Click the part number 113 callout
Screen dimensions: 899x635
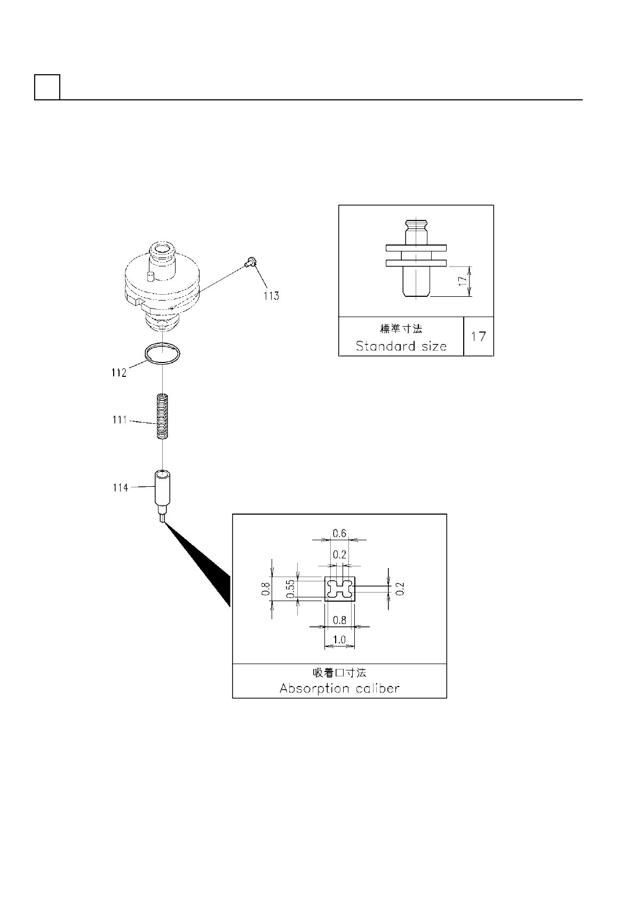pos(271,296)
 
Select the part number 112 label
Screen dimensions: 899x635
pos(118,373)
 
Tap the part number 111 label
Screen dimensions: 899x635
pos(120,420)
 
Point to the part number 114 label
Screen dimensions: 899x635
pos(120,487)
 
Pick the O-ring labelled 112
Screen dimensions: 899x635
pos(163,354)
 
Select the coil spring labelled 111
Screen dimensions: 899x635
pos(163,416)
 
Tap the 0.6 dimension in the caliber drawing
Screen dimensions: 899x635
pos(339,533)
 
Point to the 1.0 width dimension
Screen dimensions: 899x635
pos(339,640)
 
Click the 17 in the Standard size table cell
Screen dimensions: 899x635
pos(479,336)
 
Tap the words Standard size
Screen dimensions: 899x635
pos(401,346)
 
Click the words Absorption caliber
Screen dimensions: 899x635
pos(339,689)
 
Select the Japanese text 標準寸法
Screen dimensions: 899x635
pos(401,329)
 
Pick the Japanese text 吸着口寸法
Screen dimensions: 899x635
pos(339,673)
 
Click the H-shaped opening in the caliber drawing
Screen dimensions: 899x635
pos(340,589)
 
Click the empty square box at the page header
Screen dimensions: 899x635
pos(47,87)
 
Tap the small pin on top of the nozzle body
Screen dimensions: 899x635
pos(150,276)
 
